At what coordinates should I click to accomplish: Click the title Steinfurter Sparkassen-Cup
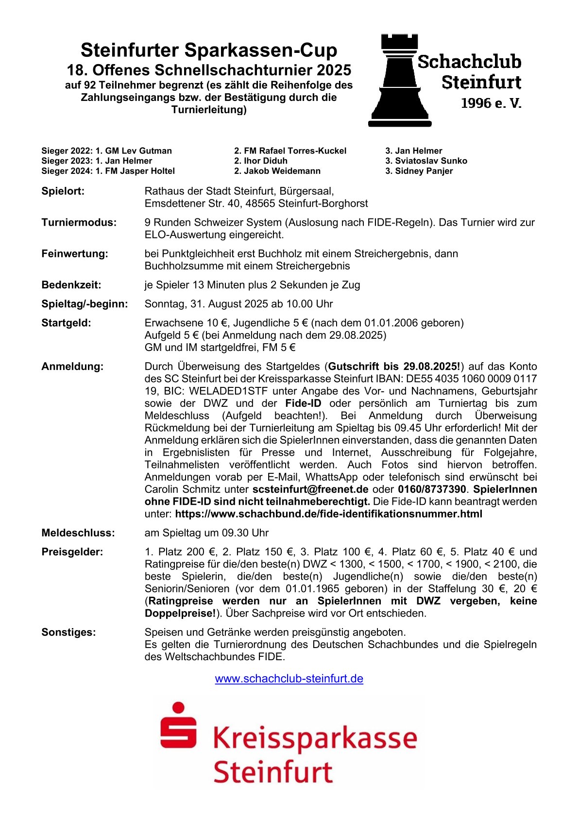click(209, 50)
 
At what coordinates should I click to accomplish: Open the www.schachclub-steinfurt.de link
click(289, 679)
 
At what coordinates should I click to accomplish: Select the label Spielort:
click(63, 191)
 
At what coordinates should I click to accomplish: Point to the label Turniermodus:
click(79, 223)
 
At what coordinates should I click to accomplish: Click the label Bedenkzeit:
click(71, 285)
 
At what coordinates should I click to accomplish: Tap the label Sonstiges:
click(68, 632)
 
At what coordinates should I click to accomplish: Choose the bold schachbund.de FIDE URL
click(328, 514)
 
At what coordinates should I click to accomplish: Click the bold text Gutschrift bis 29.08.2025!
click(394, 367)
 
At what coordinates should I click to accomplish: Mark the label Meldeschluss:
click(78, 533)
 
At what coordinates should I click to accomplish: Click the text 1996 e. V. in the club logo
click(491, 103)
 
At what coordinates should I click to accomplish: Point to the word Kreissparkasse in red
click(315, 738)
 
